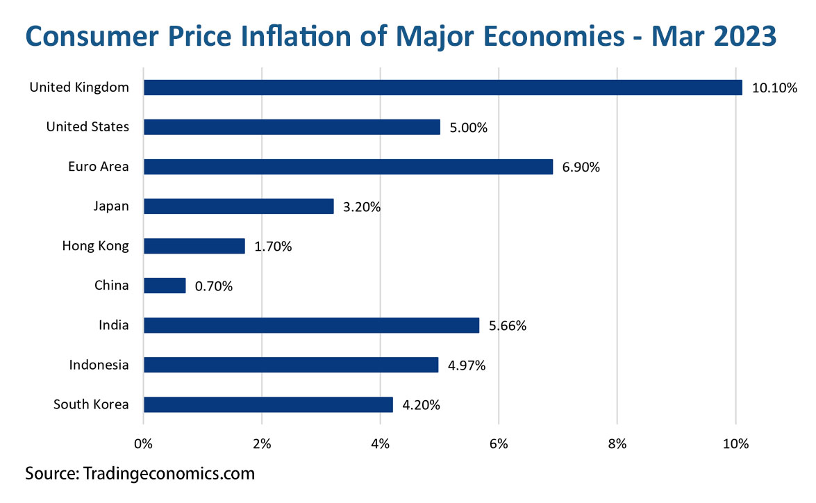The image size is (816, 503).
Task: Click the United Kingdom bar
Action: (442, 88)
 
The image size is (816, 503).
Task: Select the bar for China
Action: (165, 286)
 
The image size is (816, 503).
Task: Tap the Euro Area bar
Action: (348, 167)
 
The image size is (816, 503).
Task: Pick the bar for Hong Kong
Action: (194, 246)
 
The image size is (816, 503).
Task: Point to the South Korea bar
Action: (268, 404)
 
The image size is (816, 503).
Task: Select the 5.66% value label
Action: (507, 325)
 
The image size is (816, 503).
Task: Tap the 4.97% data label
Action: (466, 365)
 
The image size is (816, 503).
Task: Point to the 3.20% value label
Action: (361, 206)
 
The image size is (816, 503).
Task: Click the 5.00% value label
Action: (467, 127)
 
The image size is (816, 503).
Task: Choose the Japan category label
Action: (111, 206)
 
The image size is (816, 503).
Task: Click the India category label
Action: (114, 325)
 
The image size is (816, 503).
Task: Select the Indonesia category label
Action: (99, 365)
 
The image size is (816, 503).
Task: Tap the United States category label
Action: (88, 127)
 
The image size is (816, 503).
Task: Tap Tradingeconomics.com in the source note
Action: (169, 475)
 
